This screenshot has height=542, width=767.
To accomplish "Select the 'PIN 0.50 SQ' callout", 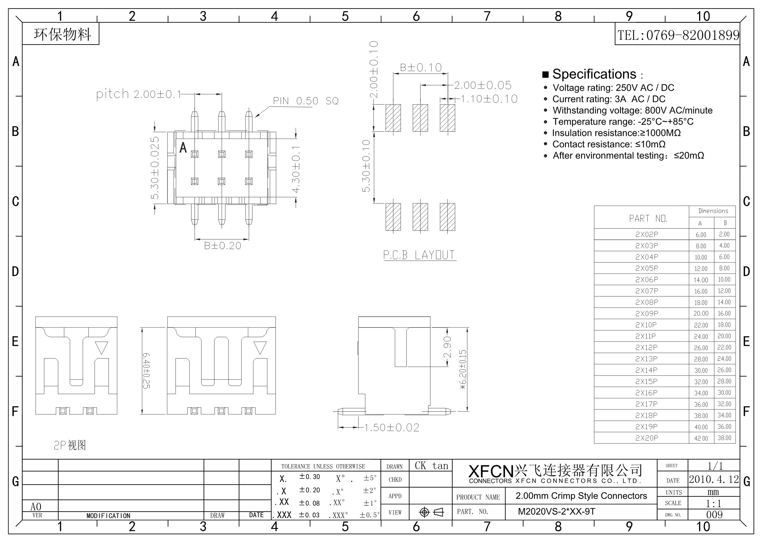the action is pos(306,101).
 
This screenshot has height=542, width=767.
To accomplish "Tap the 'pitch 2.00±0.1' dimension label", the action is pos(139,94).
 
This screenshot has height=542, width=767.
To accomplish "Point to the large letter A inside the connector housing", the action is pos(183,147).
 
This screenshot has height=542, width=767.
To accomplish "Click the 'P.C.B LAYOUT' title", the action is pos(419,255).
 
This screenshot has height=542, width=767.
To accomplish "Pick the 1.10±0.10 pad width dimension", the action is pos(489,99).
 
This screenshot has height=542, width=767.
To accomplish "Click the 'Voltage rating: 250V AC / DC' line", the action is pos(613,88).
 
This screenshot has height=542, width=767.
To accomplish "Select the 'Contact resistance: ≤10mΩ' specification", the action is pos(609,144).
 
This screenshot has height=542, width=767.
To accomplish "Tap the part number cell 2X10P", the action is pos(646,325).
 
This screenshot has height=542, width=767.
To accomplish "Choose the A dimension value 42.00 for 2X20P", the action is pos(701,438).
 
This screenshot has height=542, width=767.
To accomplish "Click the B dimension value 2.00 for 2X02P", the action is pos(724,234).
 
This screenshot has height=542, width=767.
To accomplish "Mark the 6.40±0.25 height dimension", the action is pos(146,371).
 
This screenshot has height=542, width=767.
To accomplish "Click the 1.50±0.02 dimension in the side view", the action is pos(391,428).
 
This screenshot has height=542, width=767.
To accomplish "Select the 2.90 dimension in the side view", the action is pos(448,347).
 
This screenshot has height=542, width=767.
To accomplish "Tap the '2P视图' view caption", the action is pos(70,445).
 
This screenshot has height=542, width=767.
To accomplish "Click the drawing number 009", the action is pos(714,514).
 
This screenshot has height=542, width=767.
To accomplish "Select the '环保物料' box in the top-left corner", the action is pos(61,34).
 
